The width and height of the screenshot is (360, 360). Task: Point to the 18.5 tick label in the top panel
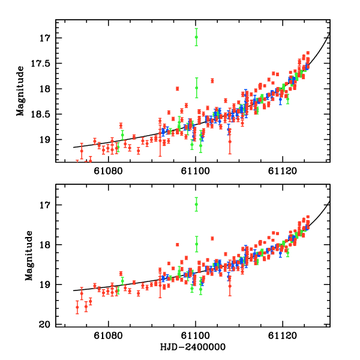coord(41,114)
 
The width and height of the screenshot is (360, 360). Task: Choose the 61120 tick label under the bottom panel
coord(283,337)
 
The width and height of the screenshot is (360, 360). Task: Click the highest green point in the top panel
coord(196,37)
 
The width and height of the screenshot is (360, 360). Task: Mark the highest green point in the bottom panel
coord(196,205)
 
